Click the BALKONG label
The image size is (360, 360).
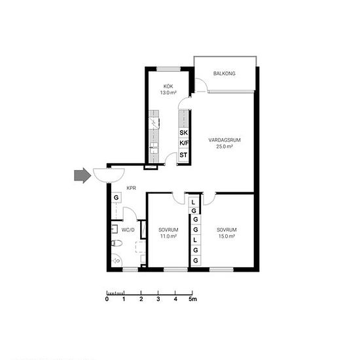pyautogui.click(x=225, y=73)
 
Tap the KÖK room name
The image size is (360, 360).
pyautogui.click(x=168, y=86)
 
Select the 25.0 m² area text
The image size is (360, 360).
pyautogui.click(x=225, y=147)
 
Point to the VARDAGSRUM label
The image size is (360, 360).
pyautogui.click(x=225, y=140)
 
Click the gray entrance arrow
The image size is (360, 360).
pyautogui.click(x=82, y=175)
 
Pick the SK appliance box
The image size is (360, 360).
pyautogui.click(x=184, y=133)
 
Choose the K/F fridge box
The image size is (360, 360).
pyautogui.click(x=184, y=143)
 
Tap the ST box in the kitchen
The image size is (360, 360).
pyautogui.click(x=184, y=155)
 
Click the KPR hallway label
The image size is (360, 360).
pyautogui.click(x=132, y=188)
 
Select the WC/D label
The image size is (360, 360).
pyautogui.click(x=128, y=230)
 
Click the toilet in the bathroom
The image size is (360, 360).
pyautogui.click(x=117, y=243)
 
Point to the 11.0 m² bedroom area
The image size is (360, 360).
pyautogui.click(x=168, y=236)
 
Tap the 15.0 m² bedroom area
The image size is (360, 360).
pyautogui.click(x=226, y=236)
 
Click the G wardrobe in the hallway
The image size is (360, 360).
pyautogui.click(x=117, y=198)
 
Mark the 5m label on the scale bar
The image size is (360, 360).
pyautogui.click(x=193, y=299)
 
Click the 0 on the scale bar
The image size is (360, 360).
pyautogui.click(x=107, y=299)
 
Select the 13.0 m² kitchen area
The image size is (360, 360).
pyautogui.click(x=168, y=93)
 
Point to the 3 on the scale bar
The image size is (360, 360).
pyautogui.click(x=158, y=299)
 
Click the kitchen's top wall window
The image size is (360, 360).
pyautogui.click(x=168, y=69)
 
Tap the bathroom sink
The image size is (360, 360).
pyautogui.click(x=115, y=229)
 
